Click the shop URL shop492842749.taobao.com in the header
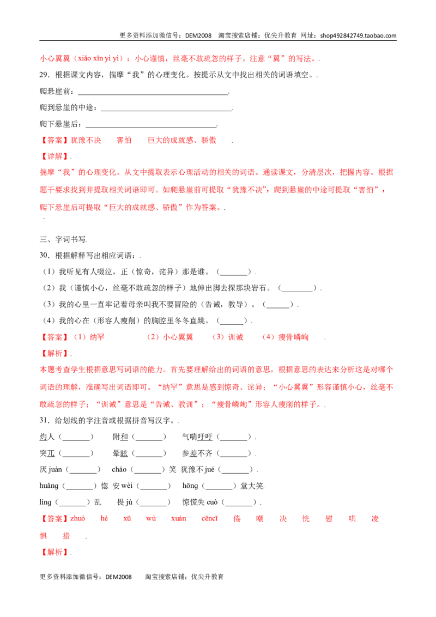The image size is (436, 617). [x=358, y=35]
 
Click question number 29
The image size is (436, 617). [x=44, y=75]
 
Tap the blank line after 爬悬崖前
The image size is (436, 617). [x=153, y=94]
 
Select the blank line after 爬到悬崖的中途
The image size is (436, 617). [x=166, y=110]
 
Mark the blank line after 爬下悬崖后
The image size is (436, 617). [x=151, y=126]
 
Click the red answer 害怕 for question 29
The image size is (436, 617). [x=124, y=140]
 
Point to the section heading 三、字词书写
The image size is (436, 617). [x=63, y=239]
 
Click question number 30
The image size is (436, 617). [x=44, y=256]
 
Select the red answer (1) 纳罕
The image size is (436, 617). [x=89, y=337]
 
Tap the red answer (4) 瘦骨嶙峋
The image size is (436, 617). [x=285, y=337]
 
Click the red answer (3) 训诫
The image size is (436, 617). [x=228, y=337]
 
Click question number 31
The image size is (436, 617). [x=44, y=420]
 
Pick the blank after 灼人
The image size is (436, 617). [x=76, y=437]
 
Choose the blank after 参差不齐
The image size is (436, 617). [x=234, y=453]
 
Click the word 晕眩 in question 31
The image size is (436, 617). [x=120, y=453]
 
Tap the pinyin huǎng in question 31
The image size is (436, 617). [x=49, y=486]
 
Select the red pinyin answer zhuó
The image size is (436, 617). [x=77, y=518]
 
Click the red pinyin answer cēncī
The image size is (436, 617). [x=209, y=518]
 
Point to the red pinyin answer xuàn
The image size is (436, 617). [x=179, y=518]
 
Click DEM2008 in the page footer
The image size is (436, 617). [x=118, y=577]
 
